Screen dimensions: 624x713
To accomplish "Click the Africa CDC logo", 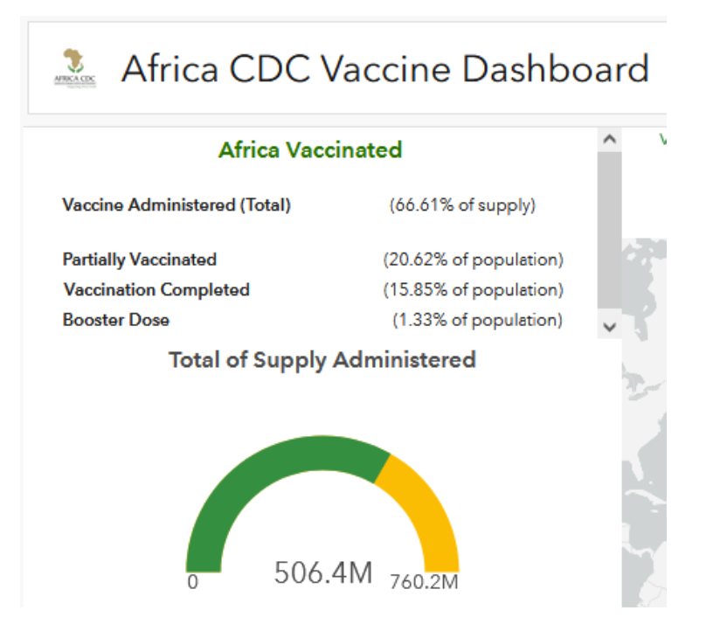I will pos(74,67).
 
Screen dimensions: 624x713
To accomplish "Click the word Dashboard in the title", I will pos(555,69).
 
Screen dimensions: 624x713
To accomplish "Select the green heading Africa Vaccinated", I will pos(310,149).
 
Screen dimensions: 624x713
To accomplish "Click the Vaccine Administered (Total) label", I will pos(177,205).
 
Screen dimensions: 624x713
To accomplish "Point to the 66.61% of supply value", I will pos(462,205).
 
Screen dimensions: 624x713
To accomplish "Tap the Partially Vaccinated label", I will pos(140,260).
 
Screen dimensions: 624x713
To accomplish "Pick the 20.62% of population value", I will pos(473,260).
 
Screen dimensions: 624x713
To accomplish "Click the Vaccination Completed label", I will pos(156,289).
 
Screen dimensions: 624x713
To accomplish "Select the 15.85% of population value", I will pos(473,289).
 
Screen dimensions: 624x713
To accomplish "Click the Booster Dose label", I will pos(116,320).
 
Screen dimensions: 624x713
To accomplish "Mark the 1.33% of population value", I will pos(477,320).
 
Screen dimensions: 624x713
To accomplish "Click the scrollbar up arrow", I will pos(610,139).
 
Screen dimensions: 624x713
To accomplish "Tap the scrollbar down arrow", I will pos(610,326).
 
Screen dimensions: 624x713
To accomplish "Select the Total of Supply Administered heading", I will pos(322,359).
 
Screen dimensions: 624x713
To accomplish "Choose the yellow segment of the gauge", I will pos(425,507).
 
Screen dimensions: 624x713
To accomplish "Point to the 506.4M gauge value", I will pos(323,573).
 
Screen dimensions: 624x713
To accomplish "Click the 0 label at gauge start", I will pos(192,582).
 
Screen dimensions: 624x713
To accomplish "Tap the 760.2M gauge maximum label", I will pos(425,582).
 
